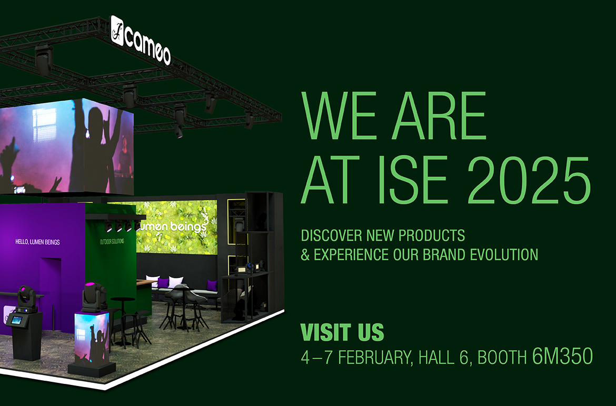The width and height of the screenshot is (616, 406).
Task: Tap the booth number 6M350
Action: click(562, 357)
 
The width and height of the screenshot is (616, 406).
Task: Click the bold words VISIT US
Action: click(342, 333)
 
